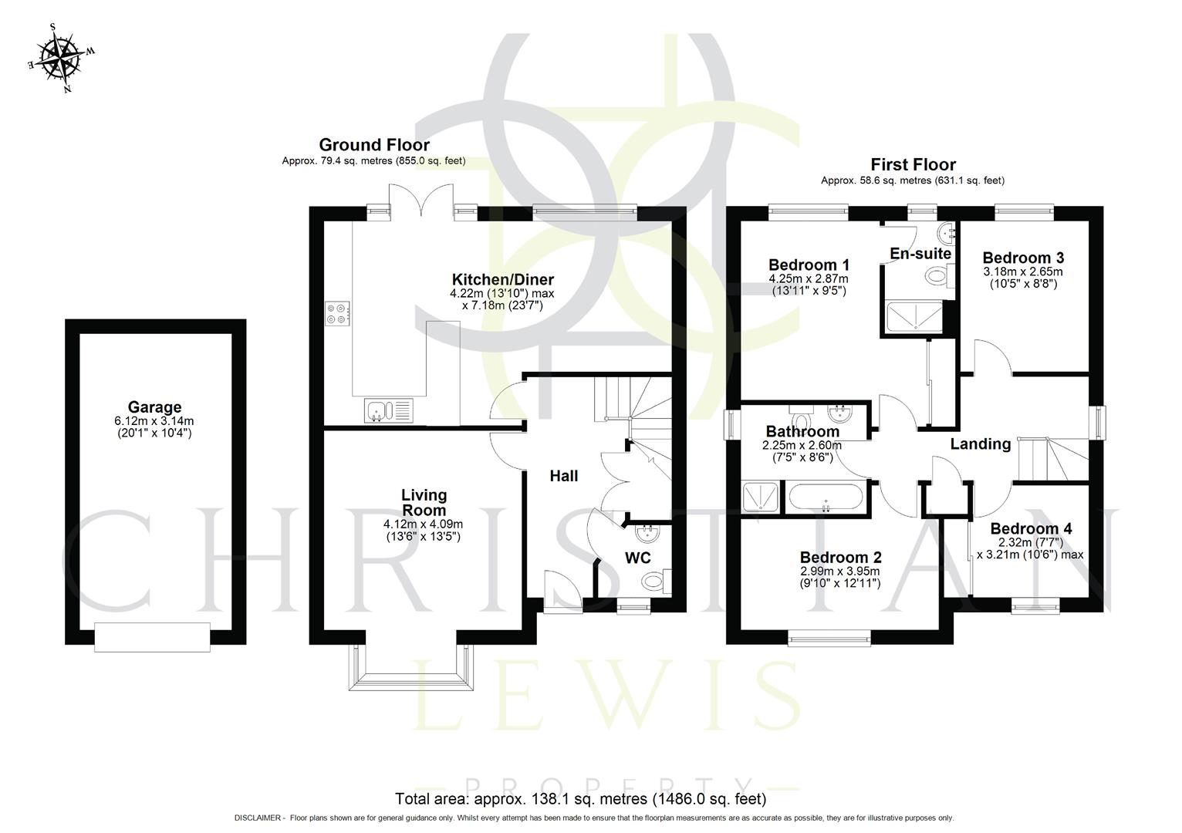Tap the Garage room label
154,407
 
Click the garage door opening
152,637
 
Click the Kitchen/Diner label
502,280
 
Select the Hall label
563,476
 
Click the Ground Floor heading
374,145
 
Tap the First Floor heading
913,164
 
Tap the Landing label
980,443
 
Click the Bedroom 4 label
1031,529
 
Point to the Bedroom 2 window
829,637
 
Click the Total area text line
580,798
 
